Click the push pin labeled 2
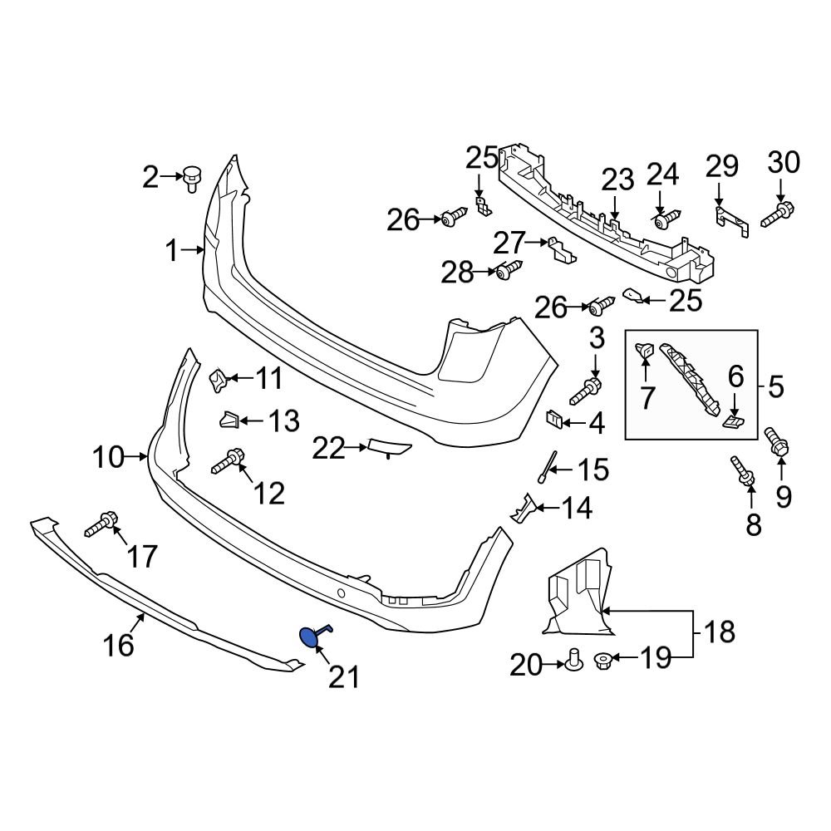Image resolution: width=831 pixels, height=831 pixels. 193,177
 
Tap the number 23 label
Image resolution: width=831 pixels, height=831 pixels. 617,179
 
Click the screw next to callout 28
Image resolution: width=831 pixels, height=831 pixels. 508,270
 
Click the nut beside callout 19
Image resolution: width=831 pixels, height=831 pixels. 604,661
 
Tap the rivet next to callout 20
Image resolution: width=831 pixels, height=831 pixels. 573,661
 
